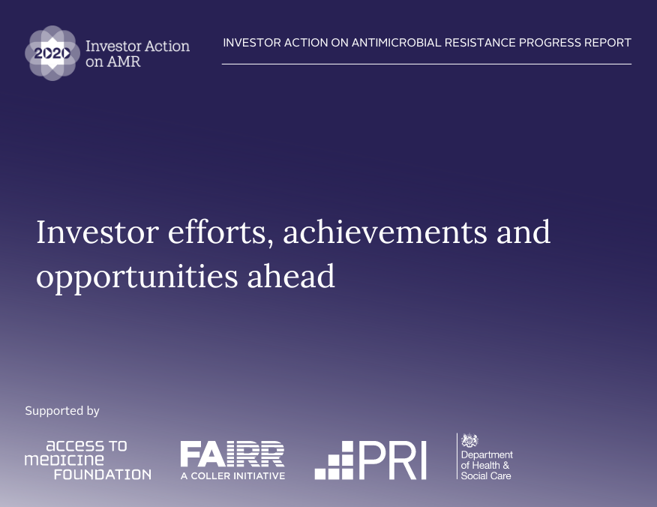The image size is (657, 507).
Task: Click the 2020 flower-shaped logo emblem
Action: click(x=52, y=53)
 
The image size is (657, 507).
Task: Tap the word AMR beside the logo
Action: click(x=123, y=61)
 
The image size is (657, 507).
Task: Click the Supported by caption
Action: click(x=62, y=411)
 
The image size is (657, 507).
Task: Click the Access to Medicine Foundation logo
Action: click(x=88, y=460)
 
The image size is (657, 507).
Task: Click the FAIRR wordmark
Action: click(x=232, y=454)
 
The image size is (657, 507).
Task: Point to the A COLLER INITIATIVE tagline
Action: click(x=232, y=475)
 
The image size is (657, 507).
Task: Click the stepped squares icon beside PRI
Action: click(x=334, y=460)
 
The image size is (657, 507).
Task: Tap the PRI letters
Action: click(x=392, y=460)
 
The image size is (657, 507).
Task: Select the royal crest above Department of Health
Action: click(x=470, y=441)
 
